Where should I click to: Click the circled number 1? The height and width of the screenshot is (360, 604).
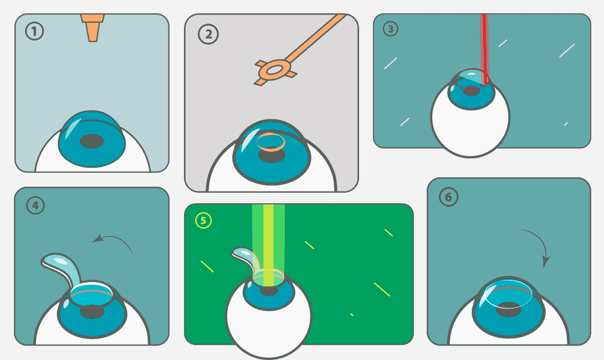pos(34,31)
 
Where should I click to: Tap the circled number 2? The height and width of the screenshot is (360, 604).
pos(208,34)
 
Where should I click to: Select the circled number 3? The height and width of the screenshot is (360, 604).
pos(390,28)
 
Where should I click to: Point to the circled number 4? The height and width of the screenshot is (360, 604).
pos(35,205)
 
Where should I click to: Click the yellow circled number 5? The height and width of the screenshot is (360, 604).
pos(203,220)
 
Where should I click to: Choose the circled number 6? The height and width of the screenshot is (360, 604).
pos(448,197)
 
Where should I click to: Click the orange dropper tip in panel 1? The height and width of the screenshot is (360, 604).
pos(93,28)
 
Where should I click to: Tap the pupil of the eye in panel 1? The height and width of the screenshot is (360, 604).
pos(91,141)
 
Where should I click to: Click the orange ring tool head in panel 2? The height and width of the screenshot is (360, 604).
pos(275,70)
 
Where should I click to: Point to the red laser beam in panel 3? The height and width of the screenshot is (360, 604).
pos(485,49)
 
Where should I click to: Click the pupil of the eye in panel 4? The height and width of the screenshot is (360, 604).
pos(92,311)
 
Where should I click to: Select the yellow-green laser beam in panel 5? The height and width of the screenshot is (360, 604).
pos(269,245)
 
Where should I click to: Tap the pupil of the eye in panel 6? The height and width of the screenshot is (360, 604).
pos(509,310)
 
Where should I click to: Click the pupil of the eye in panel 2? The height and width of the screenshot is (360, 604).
pos(272,155)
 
